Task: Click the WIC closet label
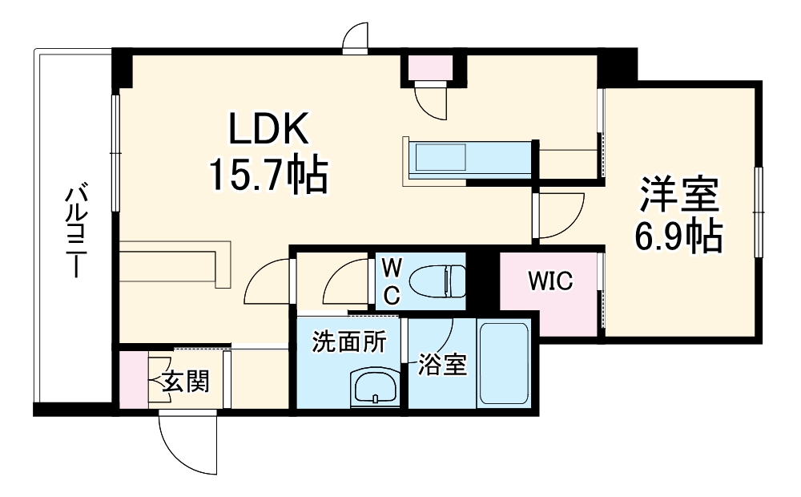(x=549, y=281)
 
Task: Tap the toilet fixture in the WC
(x=437, y=281)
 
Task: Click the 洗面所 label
(x=348, y=342)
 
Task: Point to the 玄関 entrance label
(x=186, y=382)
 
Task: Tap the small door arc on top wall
(x=355, y=38)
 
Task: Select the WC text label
(x=390, y=281)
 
